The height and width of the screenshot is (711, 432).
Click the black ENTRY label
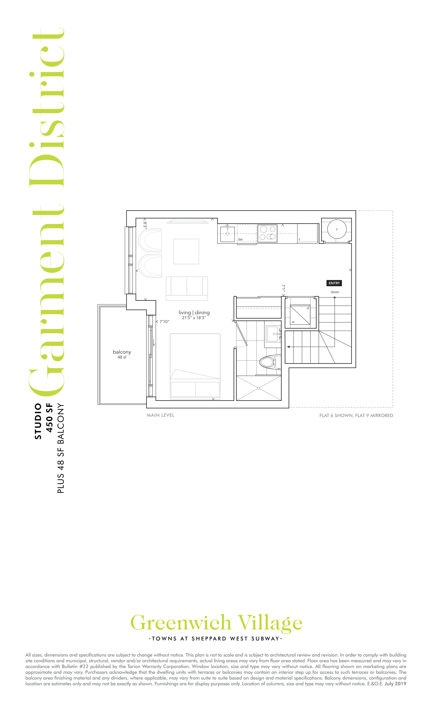[334, 283]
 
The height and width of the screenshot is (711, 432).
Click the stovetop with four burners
[267, 233]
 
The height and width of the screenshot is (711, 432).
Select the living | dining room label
[194, 313]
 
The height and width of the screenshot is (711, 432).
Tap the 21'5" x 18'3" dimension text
[194, 318]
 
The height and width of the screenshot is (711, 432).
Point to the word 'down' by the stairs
[335, 292]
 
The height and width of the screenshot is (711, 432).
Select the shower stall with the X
[259, 388]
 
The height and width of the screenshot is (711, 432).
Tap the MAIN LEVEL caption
[161, 415]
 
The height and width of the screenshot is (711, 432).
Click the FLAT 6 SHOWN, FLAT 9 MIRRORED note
[356, 416]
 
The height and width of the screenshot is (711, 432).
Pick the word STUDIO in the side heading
[38, 421]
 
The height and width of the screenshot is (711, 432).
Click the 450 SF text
[50, 418]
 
